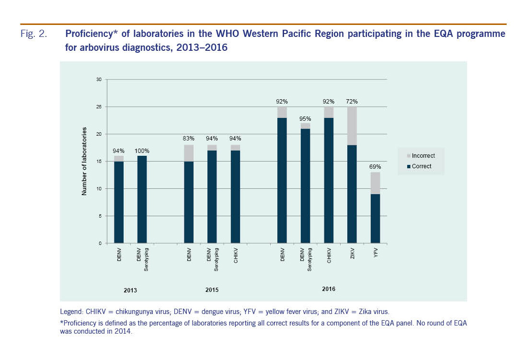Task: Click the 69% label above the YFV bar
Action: coord(375,166)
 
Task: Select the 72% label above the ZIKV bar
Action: coord(352,101)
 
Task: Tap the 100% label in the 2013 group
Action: coord(142,151)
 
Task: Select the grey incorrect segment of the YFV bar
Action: coord(375,183)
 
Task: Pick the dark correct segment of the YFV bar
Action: coord(375,218)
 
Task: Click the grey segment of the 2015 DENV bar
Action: coord(189,152)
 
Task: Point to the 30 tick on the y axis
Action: coord(99,80)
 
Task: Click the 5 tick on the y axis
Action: coord(100,216)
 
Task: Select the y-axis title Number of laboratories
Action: coord(84,161)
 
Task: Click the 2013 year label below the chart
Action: coord(130,290)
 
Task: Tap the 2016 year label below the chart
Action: coord(329,289)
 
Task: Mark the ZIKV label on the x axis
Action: coord(352,254)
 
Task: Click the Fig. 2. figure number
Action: coord(34,35)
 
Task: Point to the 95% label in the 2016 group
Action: coord(306,118)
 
